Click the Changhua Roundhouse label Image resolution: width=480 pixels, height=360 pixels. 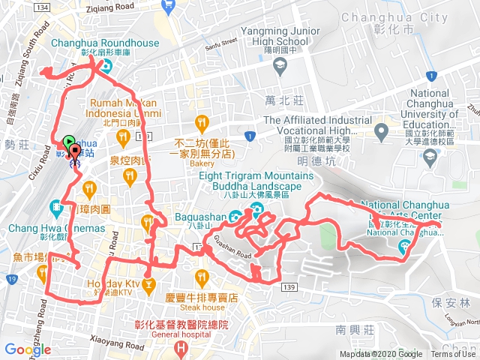[105, 43]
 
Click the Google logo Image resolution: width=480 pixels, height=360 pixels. [27, 349]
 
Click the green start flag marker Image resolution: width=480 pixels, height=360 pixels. [69, 140]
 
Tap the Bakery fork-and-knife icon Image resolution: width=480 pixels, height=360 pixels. [201, 121]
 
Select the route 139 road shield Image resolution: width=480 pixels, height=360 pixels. [290, 286]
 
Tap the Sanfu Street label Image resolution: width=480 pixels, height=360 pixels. [220, 46]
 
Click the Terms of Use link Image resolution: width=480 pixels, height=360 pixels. [453, 355]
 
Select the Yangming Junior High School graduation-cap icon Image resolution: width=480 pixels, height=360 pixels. [280, 67]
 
